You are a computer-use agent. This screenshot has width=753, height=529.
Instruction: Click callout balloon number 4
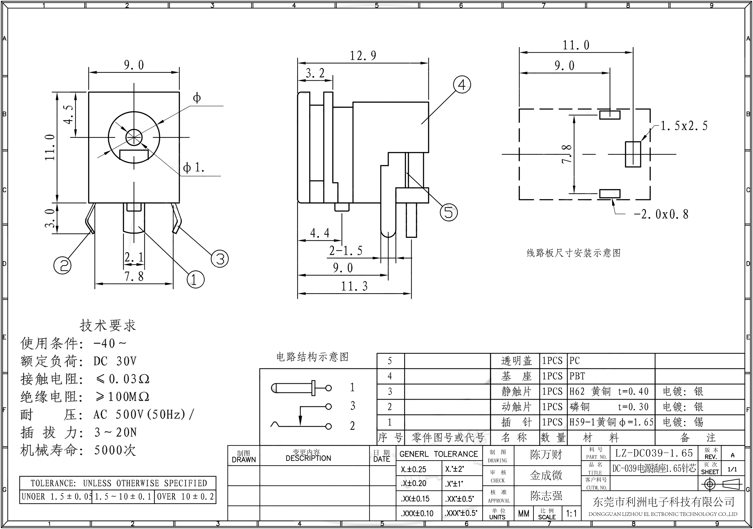(x=462, y=85)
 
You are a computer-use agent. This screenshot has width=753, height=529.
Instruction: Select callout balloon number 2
(x=62, y=265)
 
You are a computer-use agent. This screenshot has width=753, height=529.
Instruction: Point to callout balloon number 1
(x=195, y=280)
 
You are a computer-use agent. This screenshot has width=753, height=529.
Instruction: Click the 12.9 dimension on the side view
(x=363, y=56)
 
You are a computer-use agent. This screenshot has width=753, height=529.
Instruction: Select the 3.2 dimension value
(x=315, y=73)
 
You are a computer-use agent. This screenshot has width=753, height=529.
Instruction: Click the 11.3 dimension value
(x=354, y=286)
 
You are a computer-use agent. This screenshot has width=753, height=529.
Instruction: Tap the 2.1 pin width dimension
(x=134, y=257)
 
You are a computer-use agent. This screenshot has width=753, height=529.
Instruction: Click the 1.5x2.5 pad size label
(x=684, y=126)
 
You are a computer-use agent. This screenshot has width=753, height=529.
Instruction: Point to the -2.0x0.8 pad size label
(x=661, y=214)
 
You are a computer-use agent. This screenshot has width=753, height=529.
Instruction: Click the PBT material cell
(x=577, y=376)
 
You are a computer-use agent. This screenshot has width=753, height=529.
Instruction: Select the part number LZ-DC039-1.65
(x=654, y=453)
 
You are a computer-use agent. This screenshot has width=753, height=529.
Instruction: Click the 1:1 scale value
(x=571, y=513)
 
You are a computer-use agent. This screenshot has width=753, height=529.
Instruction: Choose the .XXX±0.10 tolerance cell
(x=417, y=513)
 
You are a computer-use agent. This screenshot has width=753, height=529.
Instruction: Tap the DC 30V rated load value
(x=115, y=361)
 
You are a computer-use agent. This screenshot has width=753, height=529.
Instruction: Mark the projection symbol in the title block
(x=721, y=484)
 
